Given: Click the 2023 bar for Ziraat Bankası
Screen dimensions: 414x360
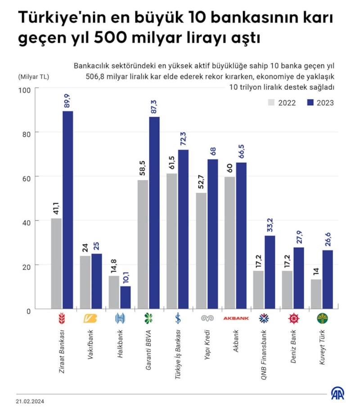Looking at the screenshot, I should click(67, 209).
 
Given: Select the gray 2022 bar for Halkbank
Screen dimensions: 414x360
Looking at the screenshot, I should click(114, 292).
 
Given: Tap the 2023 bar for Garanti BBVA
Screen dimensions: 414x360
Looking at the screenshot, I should click(154, 213).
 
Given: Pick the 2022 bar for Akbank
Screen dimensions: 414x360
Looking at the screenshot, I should click(229, 243).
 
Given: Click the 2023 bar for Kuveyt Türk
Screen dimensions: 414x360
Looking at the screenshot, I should click(328, 279).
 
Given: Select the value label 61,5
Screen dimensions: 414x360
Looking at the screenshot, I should click(172, 162).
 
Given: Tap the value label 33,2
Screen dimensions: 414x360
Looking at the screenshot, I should click(270, 225).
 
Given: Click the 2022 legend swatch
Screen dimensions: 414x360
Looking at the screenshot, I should click(271, 102).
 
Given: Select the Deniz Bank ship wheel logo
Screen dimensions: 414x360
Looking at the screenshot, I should click(293, 319).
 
